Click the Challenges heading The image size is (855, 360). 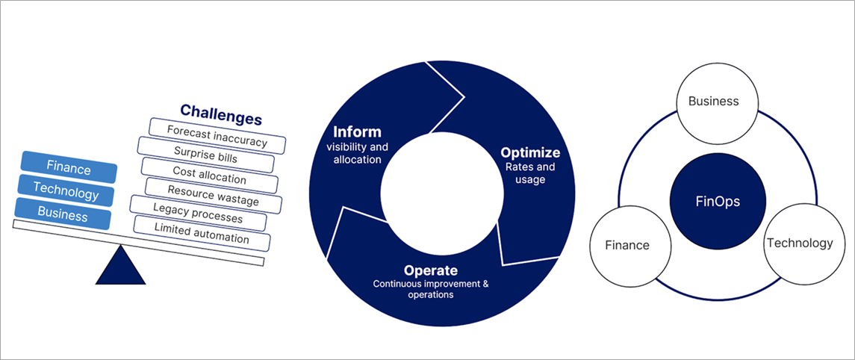[x=221, y=118]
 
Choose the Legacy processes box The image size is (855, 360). [x=198, y=217]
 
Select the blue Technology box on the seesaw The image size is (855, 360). [x=66, y=193]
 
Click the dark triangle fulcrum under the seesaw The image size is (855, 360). [x=120, y=268]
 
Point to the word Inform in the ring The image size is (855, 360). [x=357, y=131]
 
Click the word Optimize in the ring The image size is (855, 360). [x=529, y=153]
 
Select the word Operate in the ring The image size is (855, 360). [x=430, y=270]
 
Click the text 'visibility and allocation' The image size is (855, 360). [x=357, y=153]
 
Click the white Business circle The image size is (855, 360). [x=713, y=102]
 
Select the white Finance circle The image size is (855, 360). [x=627, y=244]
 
